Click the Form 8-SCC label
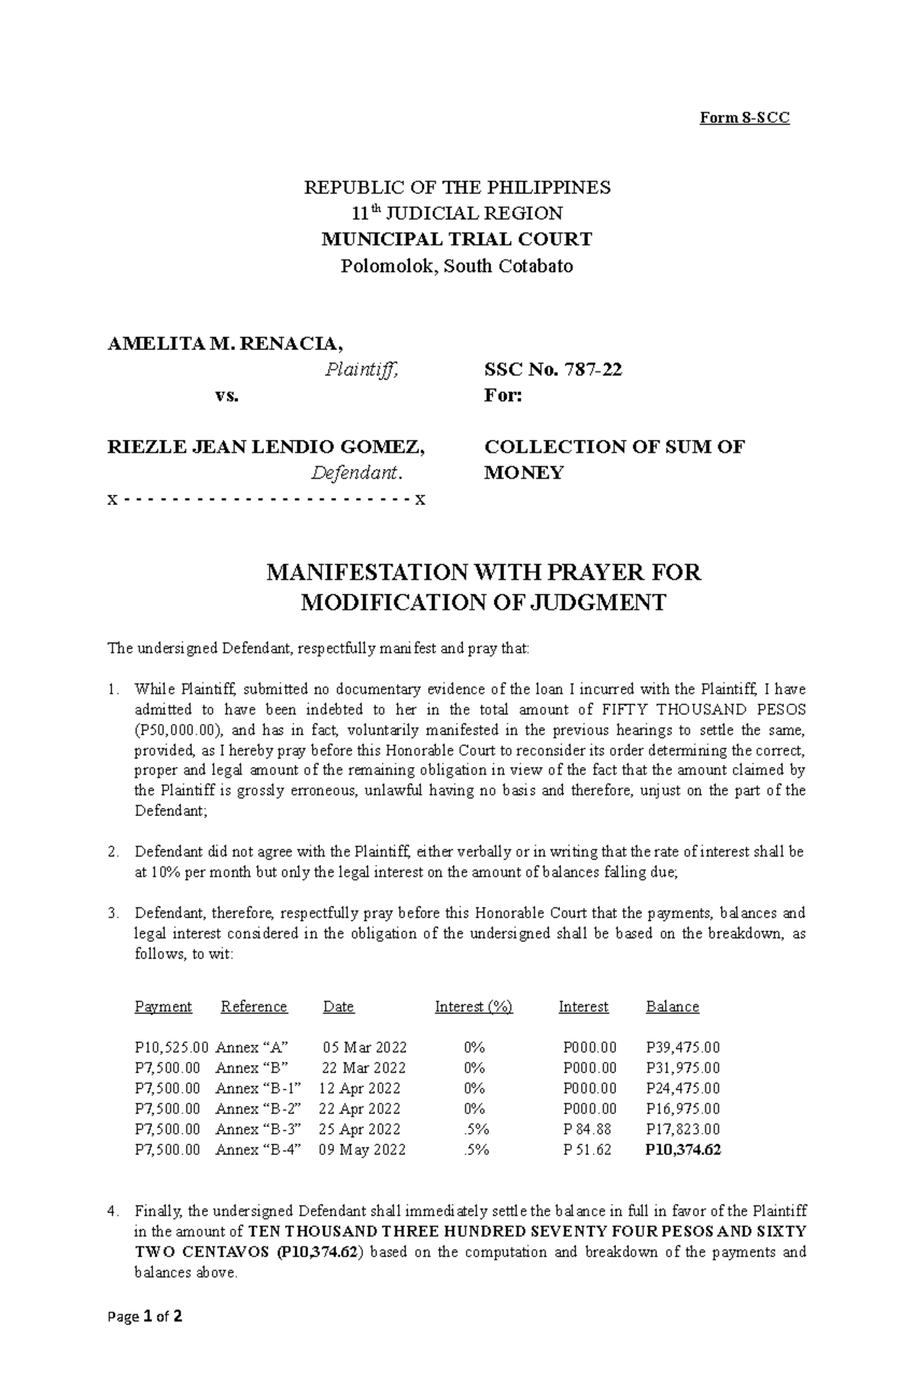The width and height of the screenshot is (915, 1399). (745, 117)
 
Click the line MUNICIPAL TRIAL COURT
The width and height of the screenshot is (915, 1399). (457, 239)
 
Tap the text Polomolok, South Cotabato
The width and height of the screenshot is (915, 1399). (457, 266)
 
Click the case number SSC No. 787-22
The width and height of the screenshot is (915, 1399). (553, 370)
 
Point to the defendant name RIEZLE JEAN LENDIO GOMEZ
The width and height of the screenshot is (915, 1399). (267, 447)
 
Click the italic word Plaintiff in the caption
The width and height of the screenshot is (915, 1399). (361, 371)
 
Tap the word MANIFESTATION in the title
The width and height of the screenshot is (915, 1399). (365, 573)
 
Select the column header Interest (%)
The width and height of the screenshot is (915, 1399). (474, 1006)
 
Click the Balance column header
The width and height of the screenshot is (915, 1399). (672, 1006)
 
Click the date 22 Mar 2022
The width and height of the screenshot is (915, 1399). (364, 1068)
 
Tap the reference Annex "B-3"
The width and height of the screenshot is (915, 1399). (259, 1129)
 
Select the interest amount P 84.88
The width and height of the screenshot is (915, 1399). (587, 1129)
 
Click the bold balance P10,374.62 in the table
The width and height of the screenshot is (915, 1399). (682, 1150)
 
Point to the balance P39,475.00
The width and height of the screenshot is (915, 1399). (682, 1048)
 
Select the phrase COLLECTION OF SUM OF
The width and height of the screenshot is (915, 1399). (614, 447)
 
